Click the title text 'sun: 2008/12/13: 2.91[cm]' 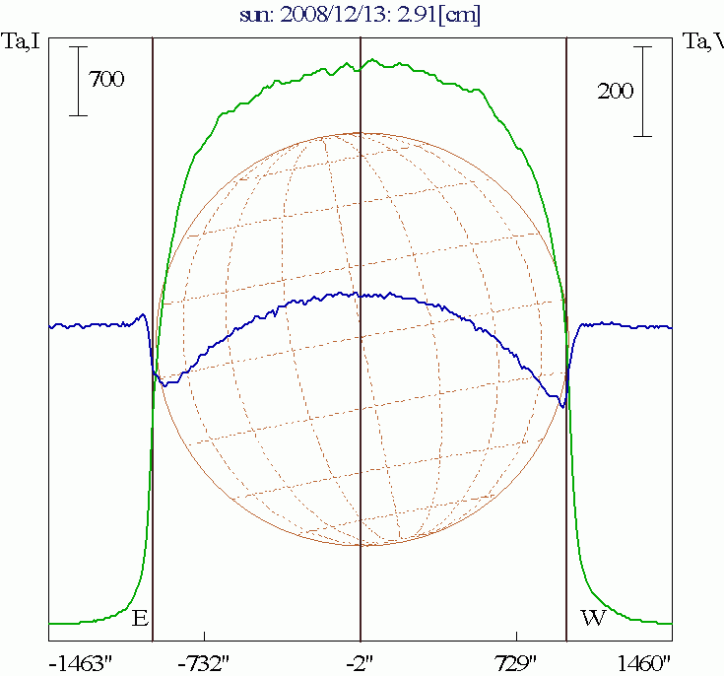click(x=360, y=16)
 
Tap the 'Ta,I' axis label click(x=21, y=42)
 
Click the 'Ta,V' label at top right click(x=702, y=42)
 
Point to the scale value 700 click(x=106, y=80)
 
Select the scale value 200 click(x=615, y=92)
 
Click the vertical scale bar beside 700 click(x=78, y=81)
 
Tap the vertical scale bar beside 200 click(x=642, y=91)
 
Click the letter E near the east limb click(x=140, y=619)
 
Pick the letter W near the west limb click(x=593, y=619)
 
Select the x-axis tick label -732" click(x=204, y=661)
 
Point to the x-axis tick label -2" click(x=362, y=661)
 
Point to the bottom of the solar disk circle click(x=361, y=545)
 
